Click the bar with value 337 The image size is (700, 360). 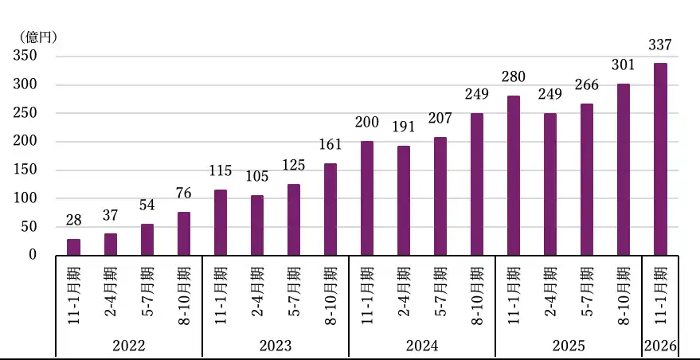pyautogui.click(x=660, y=158)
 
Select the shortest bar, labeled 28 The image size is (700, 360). pyautogui.click(x=73, y=247)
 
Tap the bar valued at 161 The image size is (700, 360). pyautogui.click(x=330, y=209)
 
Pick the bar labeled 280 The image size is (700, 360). pyautogui.click(x=513, y=175)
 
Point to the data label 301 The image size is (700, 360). pyautogui.click(x=624, y=65)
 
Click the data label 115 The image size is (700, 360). pyautogui.click(x=220, y=170)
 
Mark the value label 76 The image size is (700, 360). pyautogui.click(x=183, y=193)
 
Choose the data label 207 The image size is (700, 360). pyautogui.click(x=440, y=118)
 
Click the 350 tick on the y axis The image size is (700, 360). pyautogui.click(x=25, y=56)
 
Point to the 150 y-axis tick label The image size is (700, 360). pyautogui.click(x=25, y=170)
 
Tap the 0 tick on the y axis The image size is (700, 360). pyautogui.click(x=33, y=255)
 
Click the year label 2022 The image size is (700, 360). pyautogui.click(x=128, y=346)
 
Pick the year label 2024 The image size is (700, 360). pyautogui.click(x=421, y=346)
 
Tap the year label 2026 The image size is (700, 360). pyautogui.click(x=660, y=346)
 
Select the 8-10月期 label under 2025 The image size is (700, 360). pyautogui.click(x=624, y=295)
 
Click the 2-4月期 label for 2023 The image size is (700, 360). pyautogui.click(x=256, y=295)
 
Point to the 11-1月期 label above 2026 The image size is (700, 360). pyautogui.click(x=660, y=295)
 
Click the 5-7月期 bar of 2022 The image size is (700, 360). pyautogui.click(x=147, y=239)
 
